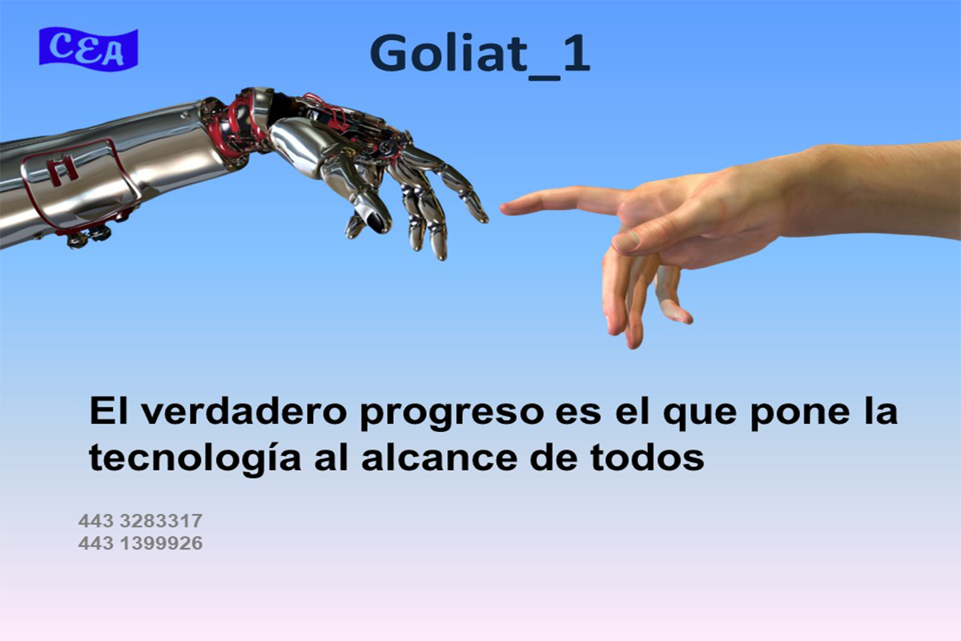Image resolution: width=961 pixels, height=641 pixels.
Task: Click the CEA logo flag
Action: (88, 49)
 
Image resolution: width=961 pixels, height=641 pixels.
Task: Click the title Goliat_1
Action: (480, 55)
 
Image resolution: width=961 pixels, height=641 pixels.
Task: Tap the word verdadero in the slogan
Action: (243, 411)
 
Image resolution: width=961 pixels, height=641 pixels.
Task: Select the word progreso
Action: (452, 414)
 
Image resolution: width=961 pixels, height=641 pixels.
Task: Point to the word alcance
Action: (439, 458)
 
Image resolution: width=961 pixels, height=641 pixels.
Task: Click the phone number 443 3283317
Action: (140, 521)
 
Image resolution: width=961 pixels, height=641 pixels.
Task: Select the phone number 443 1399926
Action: (140, 543)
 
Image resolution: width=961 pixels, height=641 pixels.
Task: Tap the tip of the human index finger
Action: (503, 208)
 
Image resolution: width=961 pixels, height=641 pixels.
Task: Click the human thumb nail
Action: (626, 241)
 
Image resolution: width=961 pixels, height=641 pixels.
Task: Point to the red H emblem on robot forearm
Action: (62, 170)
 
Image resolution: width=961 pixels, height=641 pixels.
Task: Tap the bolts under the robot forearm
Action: (90, 237)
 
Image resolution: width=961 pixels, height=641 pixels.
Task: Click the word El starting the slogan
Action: (109, 410)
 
